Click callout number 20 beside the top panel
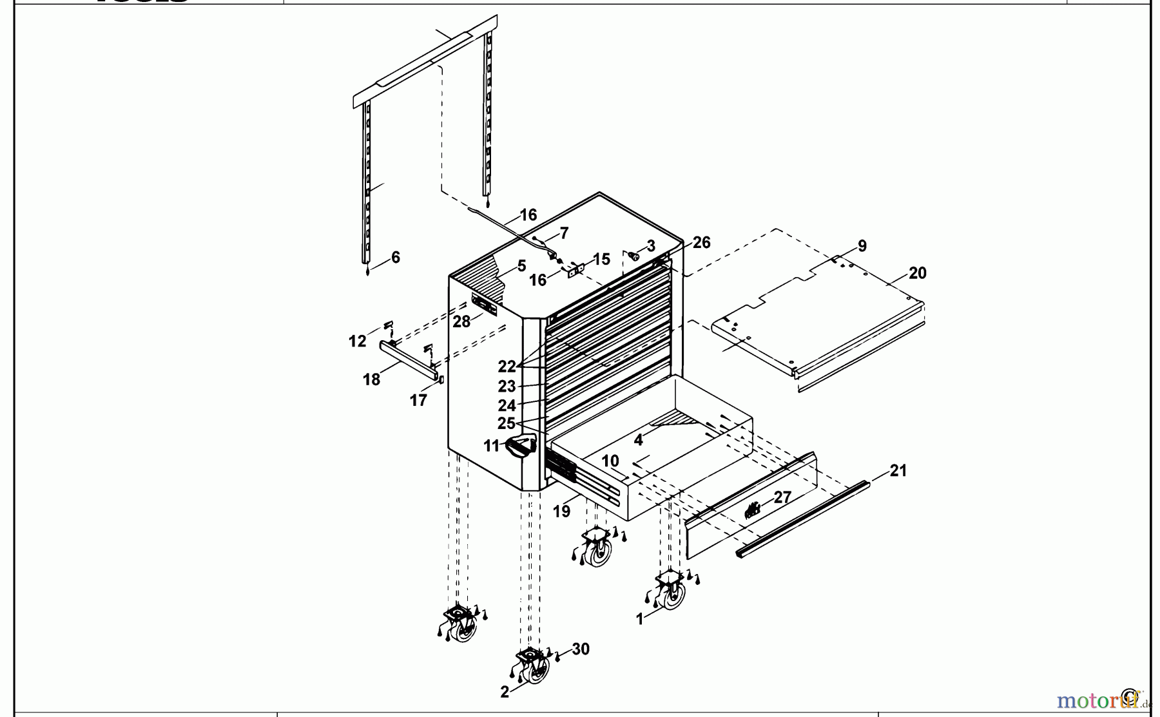click(x=917, y=273)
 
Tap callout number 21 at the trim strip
click(x=898, y=471)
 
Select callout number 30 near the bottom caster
click(x=581, y=649)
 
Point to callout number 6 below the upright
click(x=395, y=258)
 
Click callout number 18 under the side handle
click(x=371, y=380)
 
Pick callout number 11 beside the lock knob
click(x=492, y=446)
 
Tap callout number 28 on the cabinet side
click(x=461, y=321)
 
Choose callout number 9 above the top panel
click(x=862, y=246)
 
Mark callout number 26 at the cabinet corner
click(x=701, y=243)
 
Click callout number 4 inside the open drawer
click(x=638, y=441)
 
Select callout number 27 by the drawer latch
click(x=782, y=497)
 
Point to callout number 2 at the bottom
click(x=505, y=693)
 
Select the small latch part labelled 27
click(x=751, y=511)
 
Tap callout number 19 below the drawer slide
click(x=561, y=511)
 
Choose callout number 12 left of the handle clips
click(x=357, y=341)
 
